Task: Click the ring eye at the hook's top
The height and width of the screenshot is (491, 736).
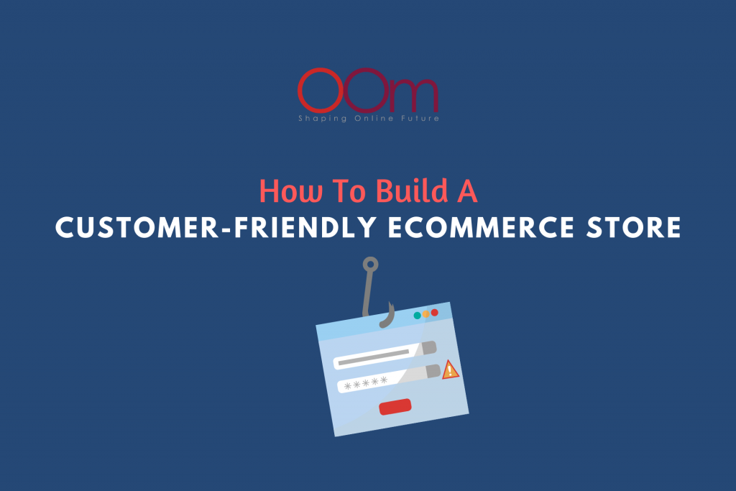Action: click(369, 265)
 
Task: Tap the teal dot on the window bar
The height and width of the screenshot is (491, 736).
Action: click(417, 315)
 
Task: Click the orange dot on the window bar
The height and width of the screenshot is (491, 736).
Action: click(425, 313)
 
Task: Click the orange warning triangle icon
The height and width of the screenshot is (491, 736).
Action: click(451, 370)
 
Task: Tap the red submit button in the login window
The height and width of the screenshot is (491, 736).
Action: click(395, 407)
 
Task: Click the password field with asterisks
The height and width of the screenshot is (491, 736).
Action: click(388, 379)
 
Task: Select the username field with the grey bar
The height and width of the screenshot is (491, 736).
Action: click(385, 354)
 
